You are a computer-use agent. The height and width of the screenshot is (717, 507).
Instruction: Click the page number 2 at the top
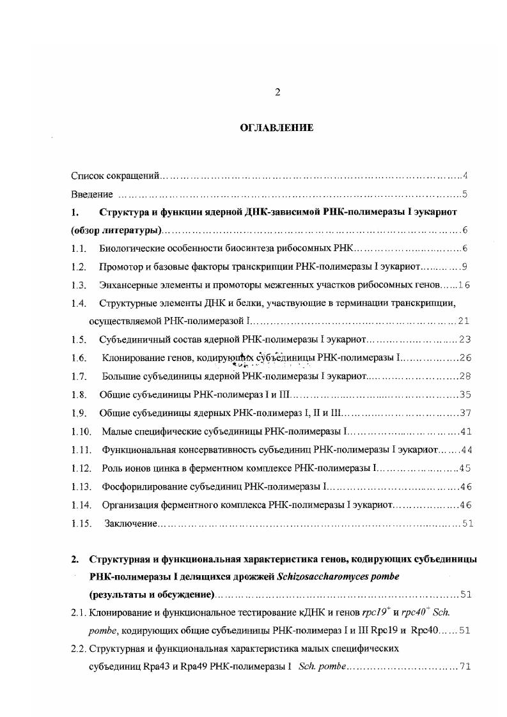pos(277,92)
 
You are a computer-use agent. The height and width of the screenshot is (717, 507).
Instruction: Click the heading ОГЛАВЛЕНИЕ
pos(277,128)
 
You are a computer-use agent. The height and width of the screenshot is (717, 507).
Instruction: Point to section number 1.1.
pos(79,249)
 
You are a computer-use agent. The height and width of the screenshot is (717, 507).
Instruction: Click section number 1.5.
pos(79,339)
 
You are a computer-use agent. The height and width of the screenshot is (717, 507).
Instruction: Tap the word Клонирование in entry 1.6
pos(134,358)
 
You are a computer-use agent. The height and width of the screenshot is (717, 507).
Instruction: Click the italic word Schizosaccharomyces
pos(318,576)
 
